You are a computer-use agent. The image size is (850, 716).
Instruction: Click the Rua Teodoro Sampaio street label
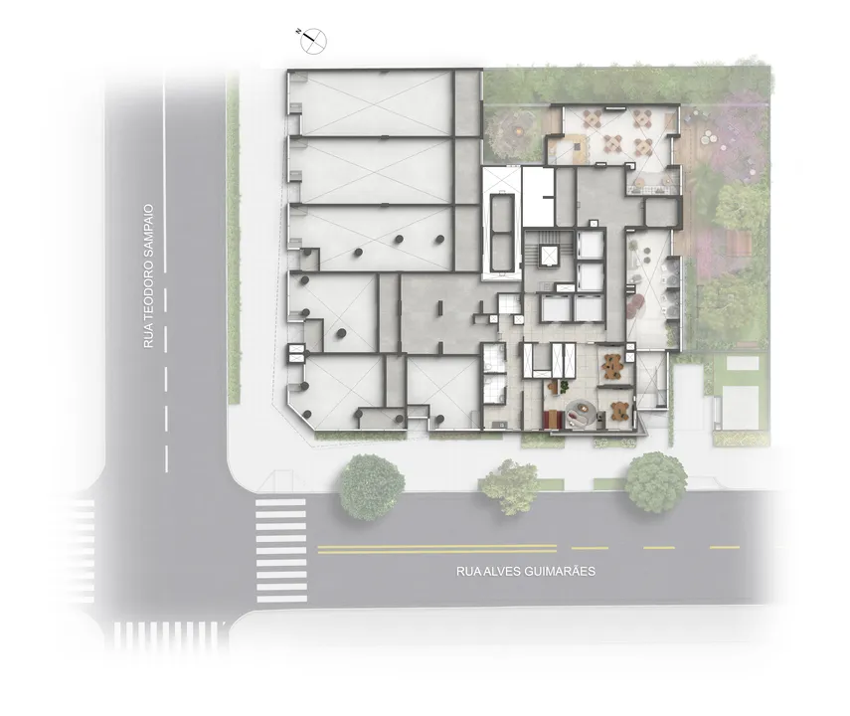[149, 276]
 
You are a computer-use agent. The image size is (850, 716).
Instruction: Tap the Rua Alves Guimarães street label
[525, 571]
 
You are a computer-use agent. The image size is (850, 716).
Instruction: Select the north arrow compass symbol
[314, 41]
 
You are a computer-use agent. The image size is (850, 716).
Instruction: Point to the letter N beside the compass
[299, 32]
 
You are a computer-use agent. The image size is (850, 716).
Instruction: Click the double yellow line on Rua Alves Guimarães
[436, 549]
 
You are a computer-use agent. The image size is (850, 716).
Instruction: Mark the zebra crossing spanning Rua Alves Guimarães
[281, 550]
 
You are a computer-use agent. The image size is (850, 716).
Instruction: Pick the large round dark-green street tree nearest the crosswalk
[372, 486]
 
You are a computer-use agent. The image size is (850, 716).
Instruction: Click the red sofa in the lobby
[552, 419]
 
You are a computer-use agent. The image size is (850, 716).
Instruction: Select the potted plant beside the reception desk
[565, 386]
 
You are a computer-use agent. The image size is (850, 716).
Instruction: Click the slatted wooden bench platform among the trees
[739, 243]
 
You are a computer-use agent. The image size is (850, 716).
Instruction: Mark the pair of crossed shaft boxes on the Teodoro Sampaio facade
[297, 353]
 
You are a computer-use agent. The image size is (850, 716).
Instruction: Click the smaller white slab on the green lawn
[742, 363]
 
